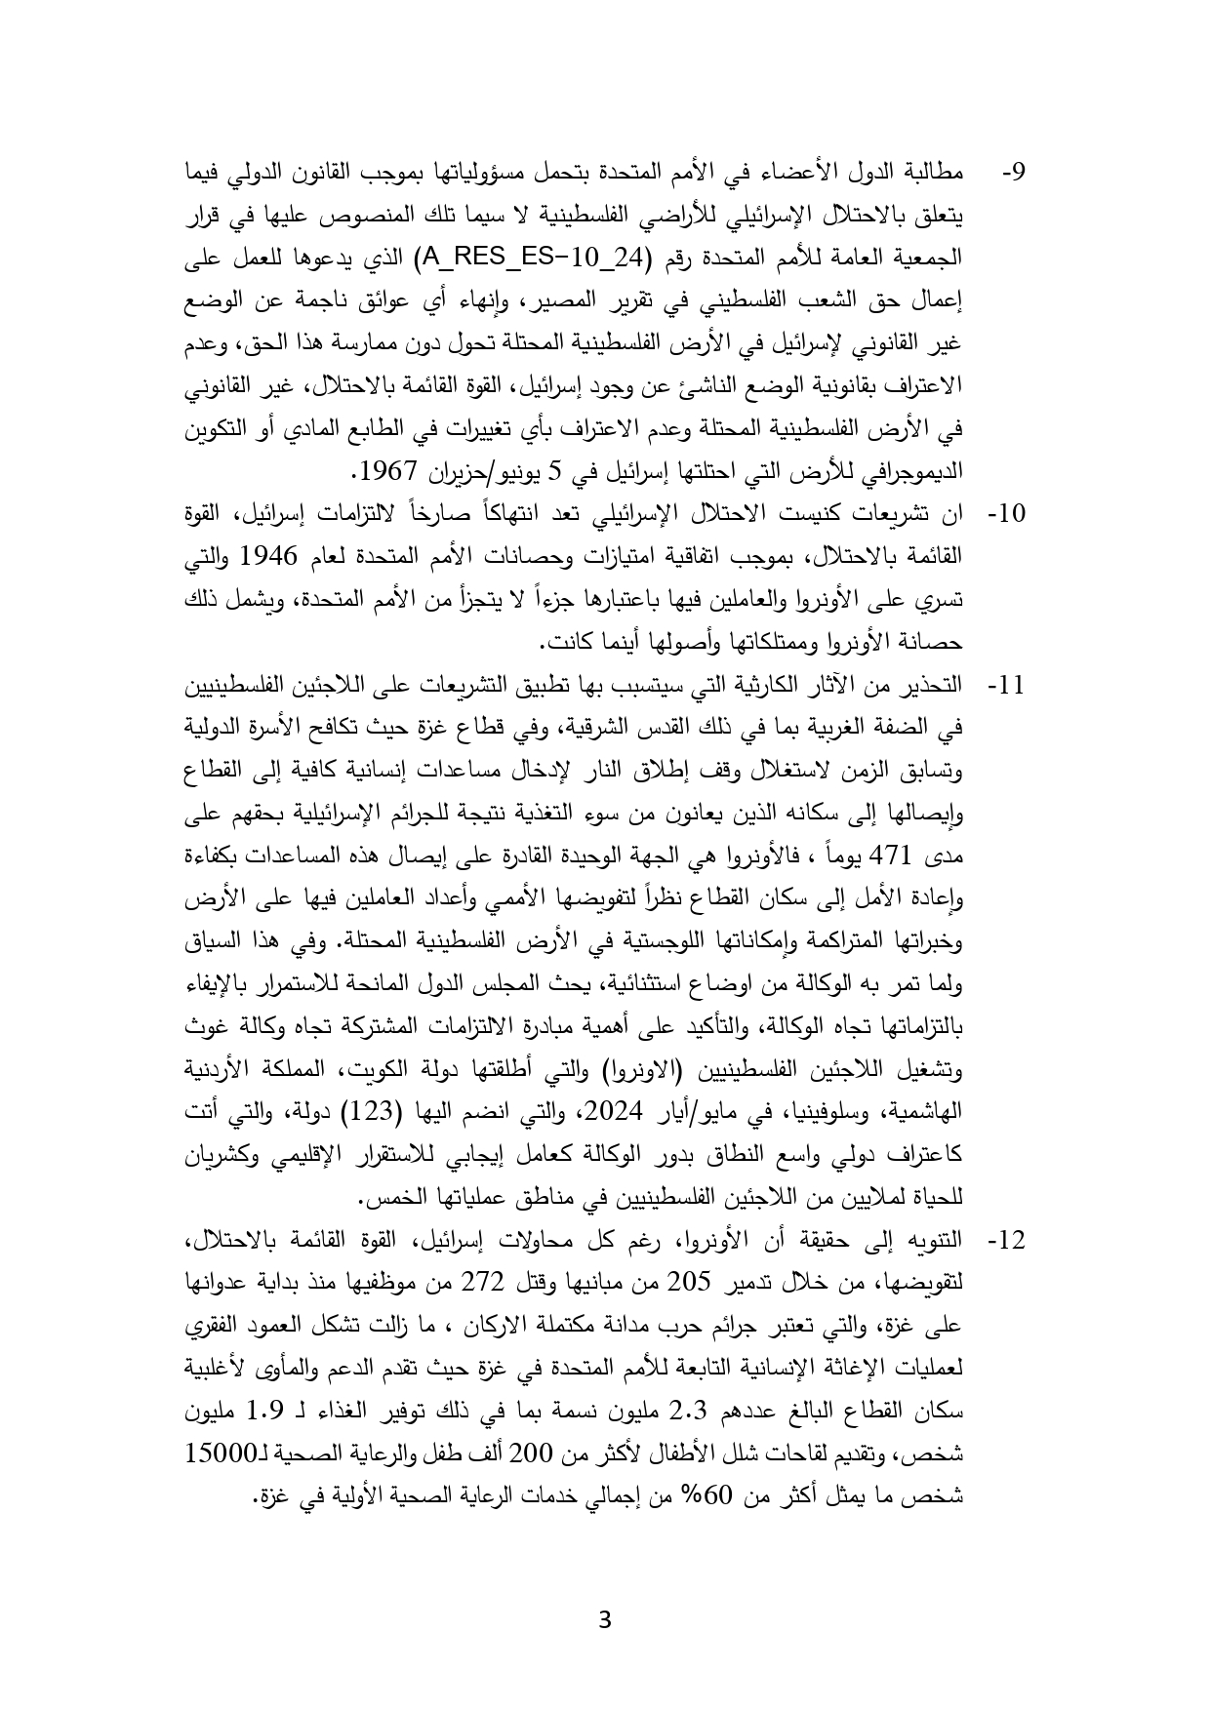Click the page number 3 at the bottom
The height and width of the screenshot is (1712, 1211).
tap(605, 1621)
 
